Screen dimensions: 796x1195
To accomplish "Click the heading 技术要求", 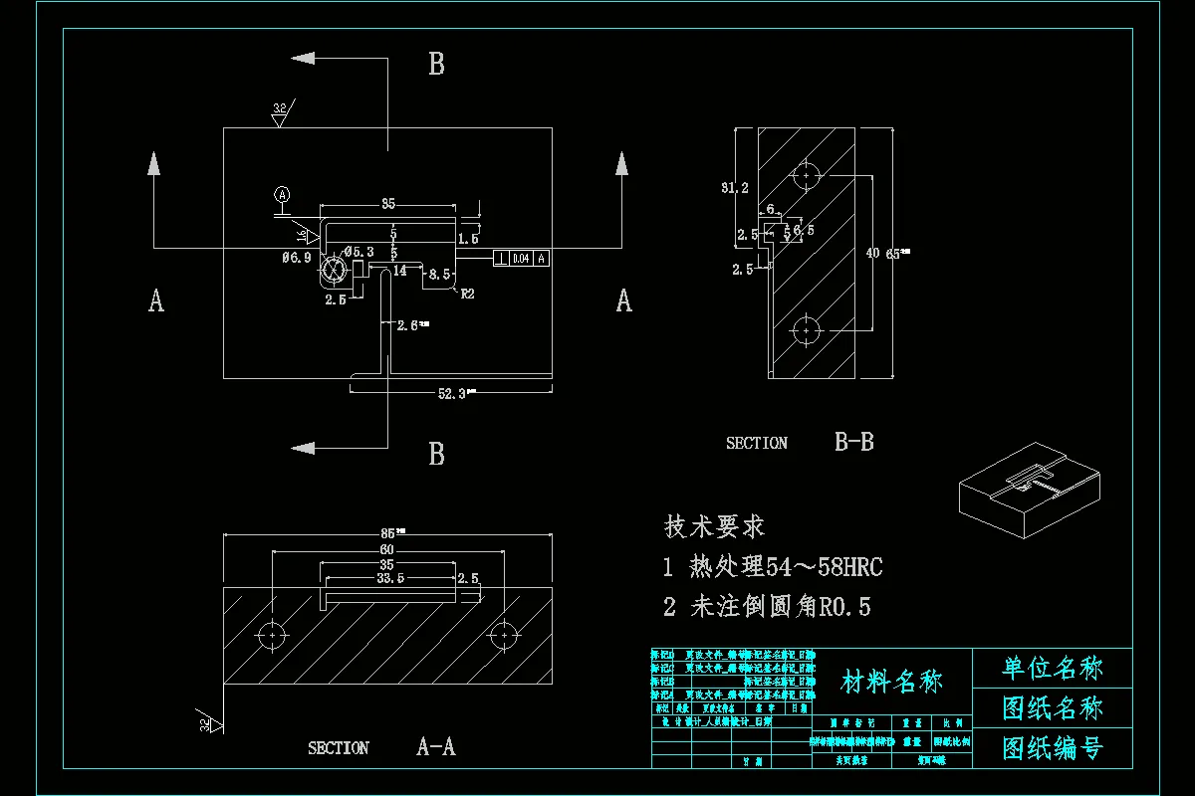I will (x=714, y=526).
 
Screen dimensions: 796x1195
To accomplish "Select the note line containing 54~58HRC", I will (x=773, y=567).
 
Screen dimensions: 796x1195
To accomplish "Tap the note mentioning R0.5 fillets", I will (x=766, y=606).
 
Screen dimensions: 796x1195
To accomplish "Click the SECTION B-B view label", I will (x=800, y=443).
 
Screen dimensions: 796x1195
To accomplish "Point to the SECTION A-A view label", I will (x=381, y=747).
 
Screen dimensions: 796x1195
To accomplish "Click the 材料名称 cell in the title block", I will (x=891, y=682).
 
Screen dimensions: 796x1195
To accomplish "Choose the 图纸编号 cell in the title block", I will (x=1053, y=747).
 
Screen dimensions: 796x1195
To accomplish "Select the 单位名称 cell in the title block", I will (x=1053, y=668).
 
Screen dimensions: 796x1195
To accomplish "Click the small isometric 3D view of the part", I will (x=1030, y=489).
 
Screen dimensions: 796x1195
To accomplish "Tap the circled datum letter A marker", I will (x=283, y=195).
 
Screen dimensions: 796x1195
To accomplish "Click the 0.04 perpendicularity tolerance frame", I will (x=521, y=259).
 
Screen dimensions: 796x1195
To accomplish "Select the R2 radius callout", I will (x=467, y=294).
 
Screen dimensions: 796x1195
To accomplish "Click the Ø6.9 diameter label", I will (x=296, y=257).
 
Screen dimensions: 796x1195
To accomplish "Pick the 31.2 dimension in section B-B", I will (x=735, y=187).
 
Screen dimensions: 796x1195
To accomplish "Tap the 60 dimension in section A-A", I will (x=386, y=551).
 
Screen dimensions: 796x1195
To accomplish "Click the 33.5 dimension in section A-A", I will (x=389, y=577).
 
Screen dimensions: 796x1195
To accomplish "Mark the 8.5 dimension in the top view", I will (x=439, y=273).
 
